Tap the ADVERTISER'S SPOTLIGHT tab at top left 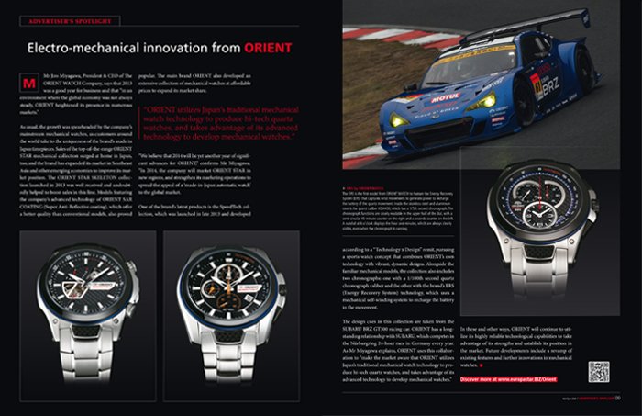(62, 17)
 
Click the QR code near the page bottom (598, 371)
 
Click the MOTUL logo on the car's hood (446, 96)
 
